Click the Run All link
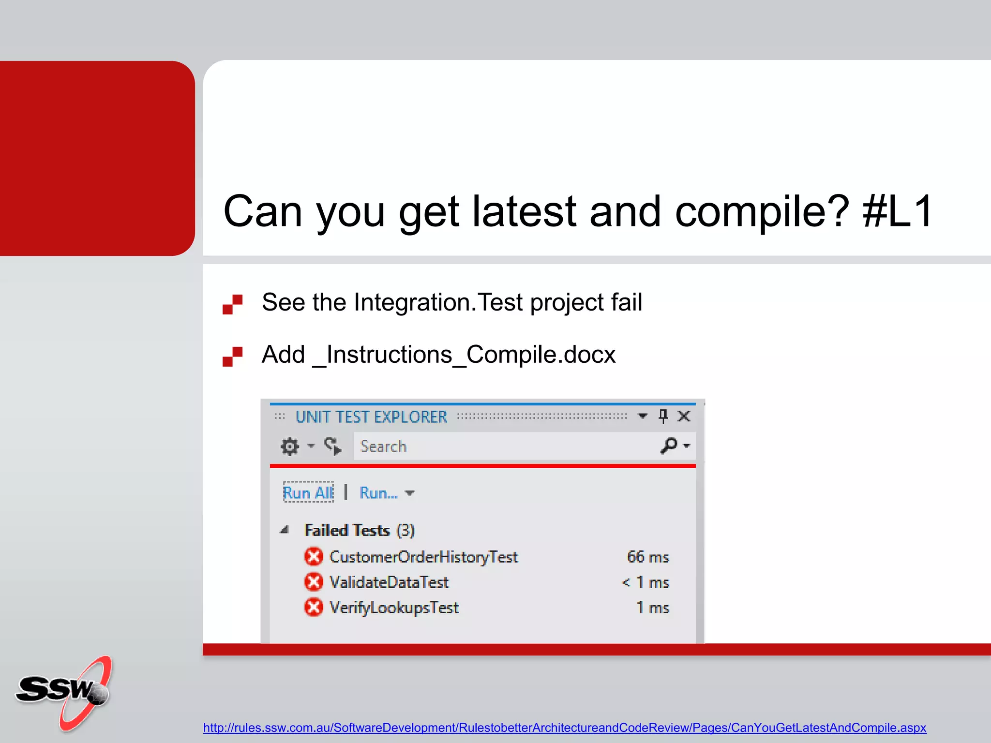(x=308, y=492)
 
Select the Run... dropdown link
(x=379, y=493)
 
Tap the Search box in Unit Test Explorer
(x=503, y=446)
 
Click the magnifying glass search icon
(x=669, y=446)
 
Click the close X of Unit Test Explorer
(x=684, y=416)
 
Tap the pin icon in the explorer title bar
(x=663, y=416)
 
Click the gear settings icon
(x=290, y=446)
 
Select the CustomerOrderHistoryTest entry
(x=423, y=557)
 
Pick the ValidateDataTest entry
(x=389, y=582)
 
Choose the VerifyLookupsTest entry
(x=394, y=608)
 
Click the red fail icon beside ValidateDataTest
(x=314, y=581)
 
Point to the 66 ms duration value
(x=648, y=557)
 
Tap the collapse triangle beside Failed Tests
(x=285, y=530)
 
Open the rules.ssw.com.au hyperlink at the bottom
(x=564, y=728)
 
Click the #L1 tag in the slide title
(x=898, y=211)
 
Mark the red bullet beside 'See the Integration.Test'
(x=232, y=304)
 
